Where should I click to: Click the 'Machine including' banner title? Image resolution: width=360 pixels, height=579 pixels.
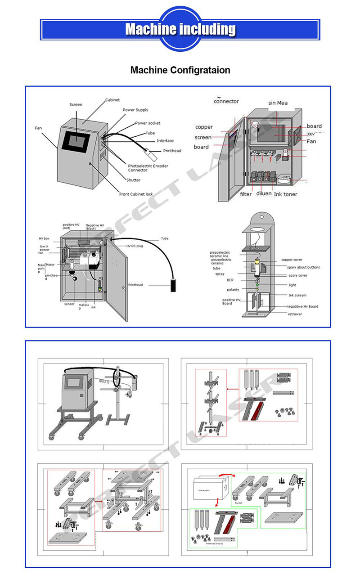point(180,29)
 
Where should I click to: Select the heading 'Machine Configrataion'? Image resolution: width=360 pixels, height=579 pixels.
point(180,70)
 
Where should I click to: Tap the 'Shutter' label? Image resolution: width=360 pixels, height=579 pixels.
point(133,180)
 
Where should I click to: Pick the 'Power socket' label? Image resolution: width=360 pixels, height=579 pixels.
point(148,123)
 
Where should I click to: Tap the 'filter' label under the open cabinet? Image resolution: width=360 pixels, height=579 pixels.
point(246,194)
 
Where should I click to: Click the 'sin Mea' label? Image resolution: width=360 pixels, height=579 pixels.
point(278,103)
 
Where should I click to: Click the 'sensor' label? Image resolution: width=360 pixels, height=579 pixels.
point(69,304)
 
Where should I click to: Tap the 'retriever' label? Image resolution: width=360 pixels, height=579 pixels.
point(295,314)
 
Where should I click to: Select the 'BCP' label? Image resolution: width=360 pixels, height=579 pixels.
point(218,280)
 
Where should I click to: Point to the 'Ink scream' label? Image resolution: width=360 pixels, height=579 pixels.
point(297,295)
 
